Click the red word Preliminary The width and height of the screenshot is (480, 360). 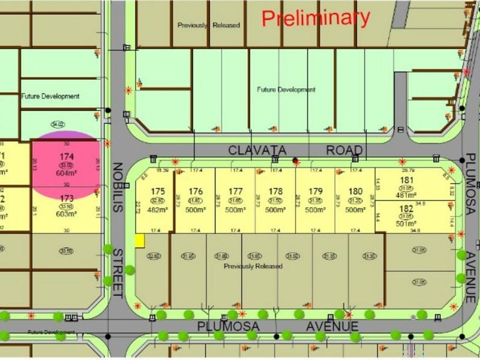(316, 17)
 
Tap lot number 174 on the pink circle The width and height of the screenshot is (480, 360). (66, 157)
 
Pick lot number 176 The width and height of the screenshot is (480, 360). (196, 192)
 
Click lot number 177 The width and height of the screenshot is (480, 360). (236, 192)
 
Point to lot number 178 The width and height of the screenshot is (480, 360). (275, 192)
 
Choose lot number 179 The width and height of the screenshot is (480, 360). (316, 192)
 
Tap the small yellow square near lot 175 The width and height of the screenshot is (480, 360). (140, 241)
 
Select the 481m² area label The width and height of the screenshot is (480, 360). (407, 194)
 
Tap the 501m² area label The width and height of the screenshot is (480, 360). (407, 224)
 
